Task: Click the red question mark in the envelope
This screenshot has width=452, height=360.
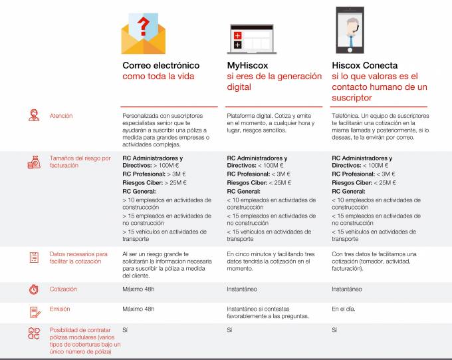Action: pyautogui.click(x=144, y=26)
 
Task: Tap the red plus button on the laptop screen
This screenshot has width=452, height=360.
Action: pyautogui.click(x=237, y=35)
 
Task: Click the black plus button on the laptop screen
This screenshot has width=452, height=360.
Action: pyautogui.click(x=237, y=45)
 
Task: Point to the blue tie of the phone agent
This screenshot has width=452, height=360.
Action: pyautogui.click(x=351, y=41)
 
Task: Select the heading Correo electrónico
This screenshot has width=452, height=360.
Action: pyautogui.click(x=161, y=65)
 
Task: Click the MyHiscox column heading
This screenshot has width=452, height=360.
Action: pyautogui.click(x=247, y=65)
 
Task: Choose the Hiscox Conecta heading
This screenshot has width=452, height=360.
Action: pyautogui.click(x=365, y=65)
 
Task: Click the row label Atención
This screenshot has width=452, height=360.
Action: pyautogui.click(x=61, y=116)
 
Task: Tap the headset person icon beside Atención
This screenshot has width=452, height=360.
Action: pyautogui.click(x=34, y=115)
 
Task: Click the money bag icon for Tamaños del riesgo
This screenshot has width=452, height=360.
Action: pyautogui.click(x=34, y=162)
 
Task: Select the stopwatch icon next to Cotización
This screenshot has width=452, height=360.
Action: pyautogui.click(x=34, y=289)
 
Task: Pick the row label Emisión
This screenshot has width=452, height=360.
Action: pyautogui.click(x=60, y=309)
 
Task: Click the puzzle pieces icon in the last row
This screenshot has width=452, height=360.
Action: pyautogui.click(x=34, y=333)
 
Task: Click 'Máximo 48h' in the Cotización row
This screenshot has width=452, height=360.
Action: pyautogui.click(x=138, y=289)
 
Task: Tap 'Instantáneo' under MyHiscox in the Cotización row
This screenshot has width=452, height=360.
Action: pyautogui.click(x=242, y=289)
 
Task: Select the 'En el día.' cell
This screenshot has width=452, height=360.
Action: pyautogui.click(x=344, y=309)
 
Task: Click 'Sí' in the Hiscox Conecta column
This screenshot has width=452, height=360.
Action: pyautogui.click(x=334, y=330)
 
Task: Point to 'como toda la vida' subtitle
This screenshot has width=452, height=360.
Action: pyautogui.click(x=158, y=77)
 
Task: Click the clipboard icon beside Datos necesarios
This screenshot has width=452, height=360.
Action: pyautogui.click(x=34, y=258)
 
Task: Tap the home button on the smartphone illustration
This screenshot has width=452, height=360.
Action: pyautogui.click(x=350, y=50)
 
